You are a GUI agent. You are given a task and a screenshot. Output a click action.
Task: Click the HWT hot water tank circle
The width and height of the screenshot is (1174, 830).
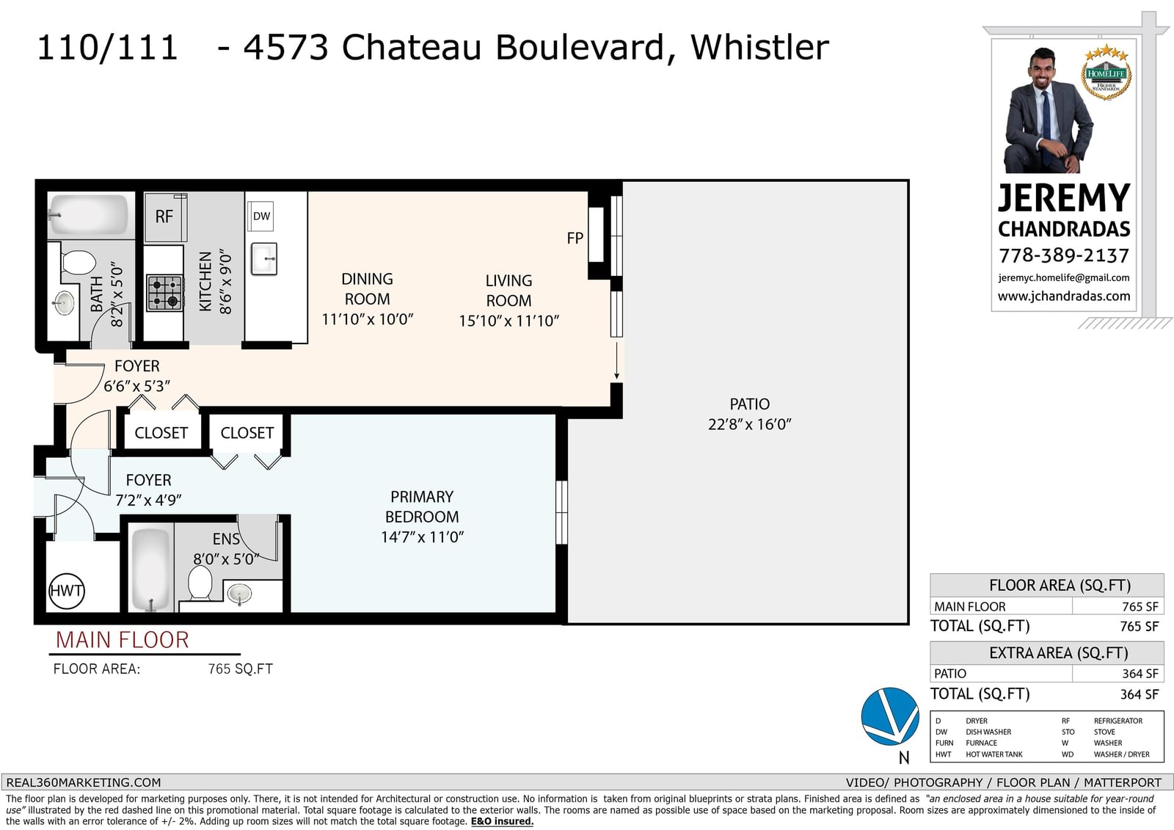point(67,590)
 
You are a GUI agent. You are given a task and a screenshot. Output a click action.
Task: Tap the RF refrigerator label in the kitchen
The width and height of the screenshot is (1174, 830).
point(164,216)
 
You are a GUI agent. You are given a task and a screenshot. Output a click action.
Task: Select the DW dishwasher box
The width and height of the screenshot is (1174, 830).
point(261,216)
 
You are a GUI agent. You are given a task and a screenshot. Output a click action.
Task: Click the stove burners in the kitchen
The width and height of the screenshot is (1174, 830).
point(164,293)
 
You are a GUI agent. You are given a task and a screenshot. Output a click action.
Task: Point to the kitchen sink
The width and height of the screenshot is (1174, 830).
point(264,258)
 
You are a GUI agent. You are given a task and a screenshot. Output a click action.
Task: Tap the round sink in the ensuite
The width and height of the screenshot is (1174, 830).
point(240,594)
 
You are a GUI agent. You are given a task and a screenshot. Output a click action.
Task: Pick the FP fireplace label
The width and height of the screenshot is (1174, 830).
point(575,239)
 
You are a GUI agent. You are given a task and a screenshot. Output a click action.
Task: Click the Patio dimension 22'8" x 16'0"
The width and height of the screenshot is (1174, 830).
point(749,424)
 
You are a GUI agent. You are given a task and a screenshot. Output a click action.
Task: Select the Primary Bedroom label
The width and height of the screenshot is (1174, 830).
point(422,506)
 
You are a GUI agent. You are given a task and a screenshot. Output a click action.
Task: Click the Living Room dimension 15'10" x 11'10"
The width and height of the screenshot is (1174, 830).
point(509,321)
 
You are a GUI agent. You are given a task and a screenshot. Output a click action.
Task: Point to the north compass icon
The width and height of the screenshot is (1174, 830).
point(891,717)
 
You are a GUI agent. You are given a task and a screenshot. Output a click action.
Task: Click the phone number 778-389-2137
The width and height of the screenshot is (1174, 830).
point(1064,255)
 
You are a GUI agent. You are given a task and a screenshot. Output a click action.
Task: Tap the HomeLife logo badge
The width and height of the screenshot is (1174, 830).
point(1106,73)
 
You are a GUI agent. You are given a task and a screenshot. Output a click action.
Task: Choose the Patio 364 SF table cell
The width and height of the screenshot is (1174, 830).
point(1140,673)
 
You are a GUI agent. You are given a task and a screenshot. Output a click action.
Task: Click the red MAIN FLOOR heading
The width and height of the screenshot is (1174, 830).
point(122,640)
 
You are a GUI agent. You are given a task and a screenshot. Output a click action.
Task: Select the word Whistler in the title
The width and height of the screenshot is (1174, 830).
point(760,47)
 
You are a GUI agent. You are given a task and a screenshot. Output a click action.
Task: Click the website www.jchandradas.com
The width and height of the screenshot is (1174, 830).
point(1064,296)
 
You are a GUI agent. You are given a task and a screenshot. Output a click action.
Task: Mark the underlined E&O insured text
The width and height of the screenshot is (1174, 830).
point(502,821)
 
